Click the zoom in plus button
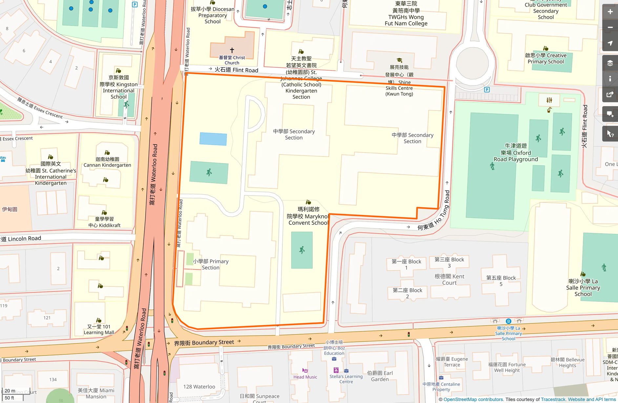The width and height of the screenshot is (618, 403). [610, 12]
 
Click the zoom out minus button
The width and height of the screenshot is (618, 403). [610, 28]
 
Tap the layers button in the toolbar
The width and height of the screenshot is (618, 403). [610, 63]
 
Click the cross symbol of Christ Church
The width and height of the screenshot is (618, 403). [232, 50]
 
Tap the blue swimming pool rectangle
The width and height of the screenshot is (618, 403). [213, 139]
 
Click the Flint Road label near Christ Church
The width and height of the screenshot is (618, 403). [236, 70]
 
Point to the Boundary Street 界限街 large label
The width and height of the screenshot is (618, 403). [204, 343]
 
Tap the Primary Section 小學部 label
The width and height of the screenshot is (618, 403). [211, 264]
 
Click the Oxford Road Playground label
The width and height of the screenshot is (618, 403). [516, 153]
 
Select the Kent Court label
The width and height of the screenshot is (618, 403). [449, 279]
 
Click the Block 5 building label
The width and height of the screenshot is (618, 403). [501, 281]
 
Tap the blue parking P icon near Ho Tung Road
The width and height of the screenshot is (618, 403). [487, 89]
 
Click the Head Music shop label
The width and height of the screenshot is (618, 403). [305, 377]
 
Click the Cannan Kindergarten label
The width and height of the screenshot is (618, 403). [107, 162]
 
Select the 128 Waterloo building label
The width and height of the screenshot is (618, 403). [199, 387]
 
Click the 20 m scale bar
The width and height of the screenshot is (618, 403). [12, 394]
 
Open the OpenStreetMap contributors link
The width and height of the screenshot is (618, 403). [473, 399]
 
